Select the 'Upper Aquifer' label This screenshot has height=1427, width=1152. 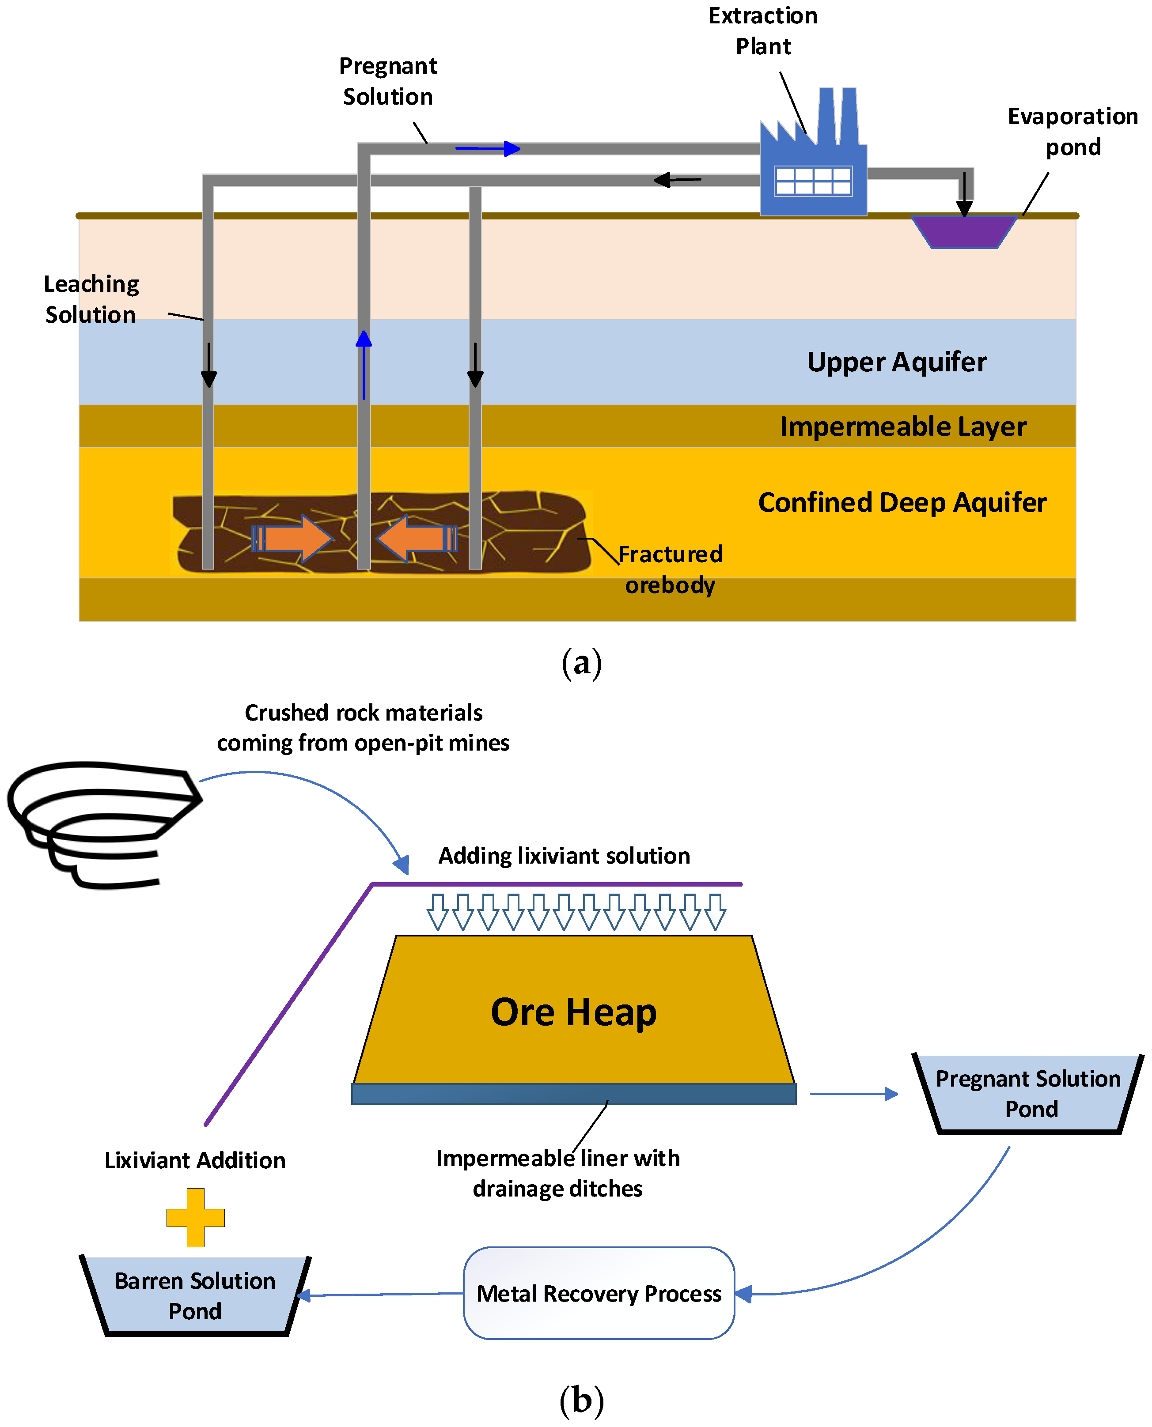pyautogui.click(x=897, y=362)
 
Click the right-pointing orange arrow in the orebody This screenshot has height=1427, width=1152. pyautogui.click(x=293, y=538)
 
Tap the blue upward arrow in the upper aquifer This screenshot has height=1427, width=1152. pyautogui.click(x=364, y=365)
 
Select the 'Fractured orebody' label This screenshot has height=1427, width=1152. pyautogui.click(x=670, y=569)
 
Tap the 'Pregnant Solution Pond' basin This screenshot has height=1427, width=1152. pyautogui.click(x=1028, y=1094)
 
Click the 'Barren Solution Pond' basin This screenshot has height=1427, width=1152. pyautogui.click(x=195, y=1295)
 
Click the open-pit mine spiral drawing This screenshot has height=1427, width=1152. pyautogui.click(x=103, y=823)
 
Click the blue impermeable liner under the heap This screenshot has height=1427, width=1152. pyautogui.click(x=573, y=1094)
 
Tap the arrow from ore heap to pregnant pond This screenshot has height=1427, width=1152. pyautogui.click(x=854, y=1094)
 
